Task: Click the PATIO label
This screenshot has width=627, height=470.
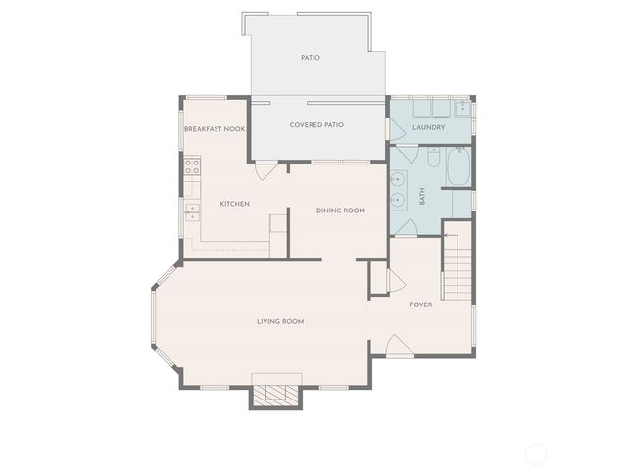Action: pyautogui.click(x=310, y=58)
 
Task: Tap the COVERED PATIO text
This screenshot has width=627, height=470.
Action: pyautogui.click(x=316, y=125)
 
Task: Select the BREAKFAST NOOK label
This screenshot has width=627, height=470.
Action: pyautogui.click(x=214, y=129)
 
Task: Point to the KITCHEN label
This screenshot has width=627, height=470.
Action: pyautogui.click(x=234, y=204)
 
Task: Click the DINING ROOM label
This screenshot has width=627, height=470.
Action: pyautogui.click(x=340, y=211)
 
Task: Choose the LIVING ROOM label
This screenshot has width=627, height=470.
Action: pyautogui.click(x=280, y=321)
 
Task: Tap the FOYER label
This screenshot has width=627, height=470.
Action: pyautogui.click(x=421, y=305)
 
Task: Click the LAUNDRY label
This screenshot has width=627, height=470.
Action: pyautogui.click(x=429, y=127)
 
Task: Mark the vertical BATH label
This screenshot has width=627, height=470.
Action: pyautogui.click(x=423, y=196)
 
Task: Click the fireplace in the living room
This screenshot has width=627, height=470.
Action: pyautogui.click(x=274, y=393)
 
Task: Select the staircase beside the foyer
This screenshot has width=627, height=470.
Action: pyautogui.click(x=457, y=262)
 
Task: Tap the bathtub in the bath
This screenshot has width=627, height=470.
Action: pyautogui.click(x=458, y=167)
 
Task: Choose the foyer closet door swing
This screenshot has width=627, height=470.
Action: pyautogui.click(x=396, y=281)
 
